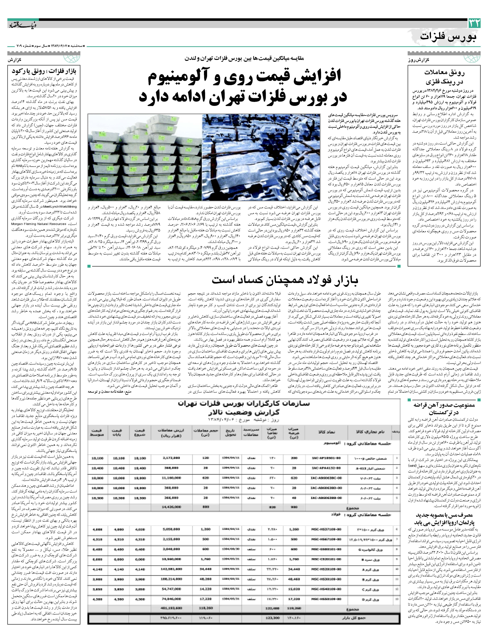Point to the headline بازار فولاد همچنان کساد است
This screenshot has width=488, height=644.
(x=285, y=280)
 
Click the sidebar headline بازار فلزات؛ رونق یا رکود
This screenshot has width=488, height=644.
(x=44, y=71)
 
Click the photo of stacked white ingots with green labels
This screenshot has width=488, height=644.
(x=145, y=157)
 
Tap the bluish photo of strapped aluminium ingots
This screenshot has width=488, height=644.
(x=261, y=157)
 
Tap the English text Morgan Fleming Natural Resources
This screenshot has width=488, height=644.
(x=39, y=224)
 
